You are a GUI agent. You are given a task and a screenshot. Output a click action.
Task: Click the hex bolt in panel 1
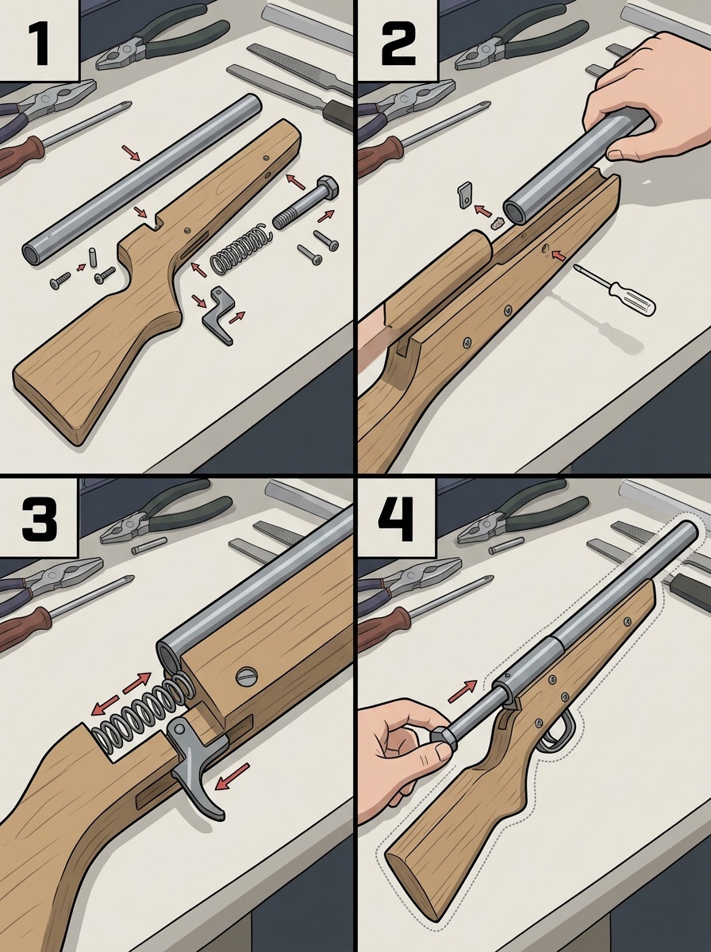pyautogui.click(x=306, y=203)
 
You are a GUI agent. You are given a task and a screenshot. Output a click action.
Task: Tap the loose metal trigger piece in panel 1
pyautogui.click(x=218, y=314)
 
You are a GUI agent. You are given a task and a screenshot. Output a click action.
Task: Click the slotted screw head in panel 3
pyautogui.click(x=247, y=676)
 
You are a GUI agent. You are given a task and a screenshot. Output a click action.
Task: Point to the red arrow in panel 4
pyautogui.click(x=463, y=690)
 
